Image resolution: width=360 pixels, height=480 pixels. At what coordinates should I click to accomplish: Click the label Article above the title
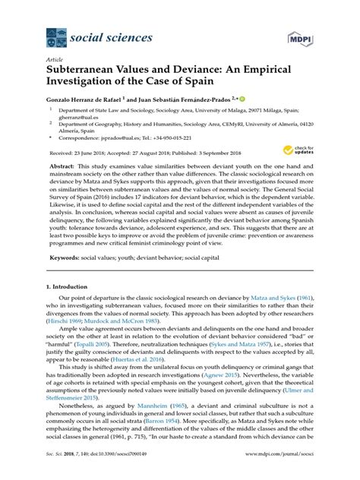[x=54, y=54]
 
